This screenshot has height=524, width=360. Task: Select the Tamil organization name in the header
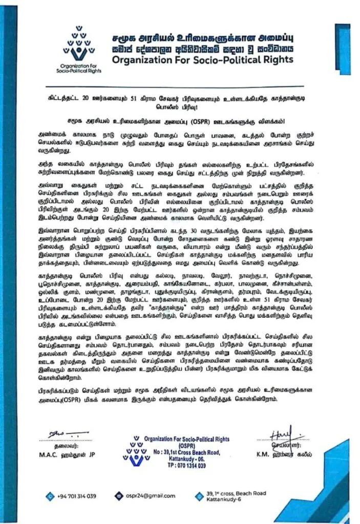(x=201, y=38)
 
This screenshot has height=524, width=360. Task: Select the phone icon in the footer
(x=50, y=495)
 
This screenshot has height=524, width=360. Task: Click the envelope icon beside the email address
(x=119, y=495)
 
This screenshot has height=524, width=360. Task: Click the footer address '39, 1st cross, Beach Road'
(x=236, y=493)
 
